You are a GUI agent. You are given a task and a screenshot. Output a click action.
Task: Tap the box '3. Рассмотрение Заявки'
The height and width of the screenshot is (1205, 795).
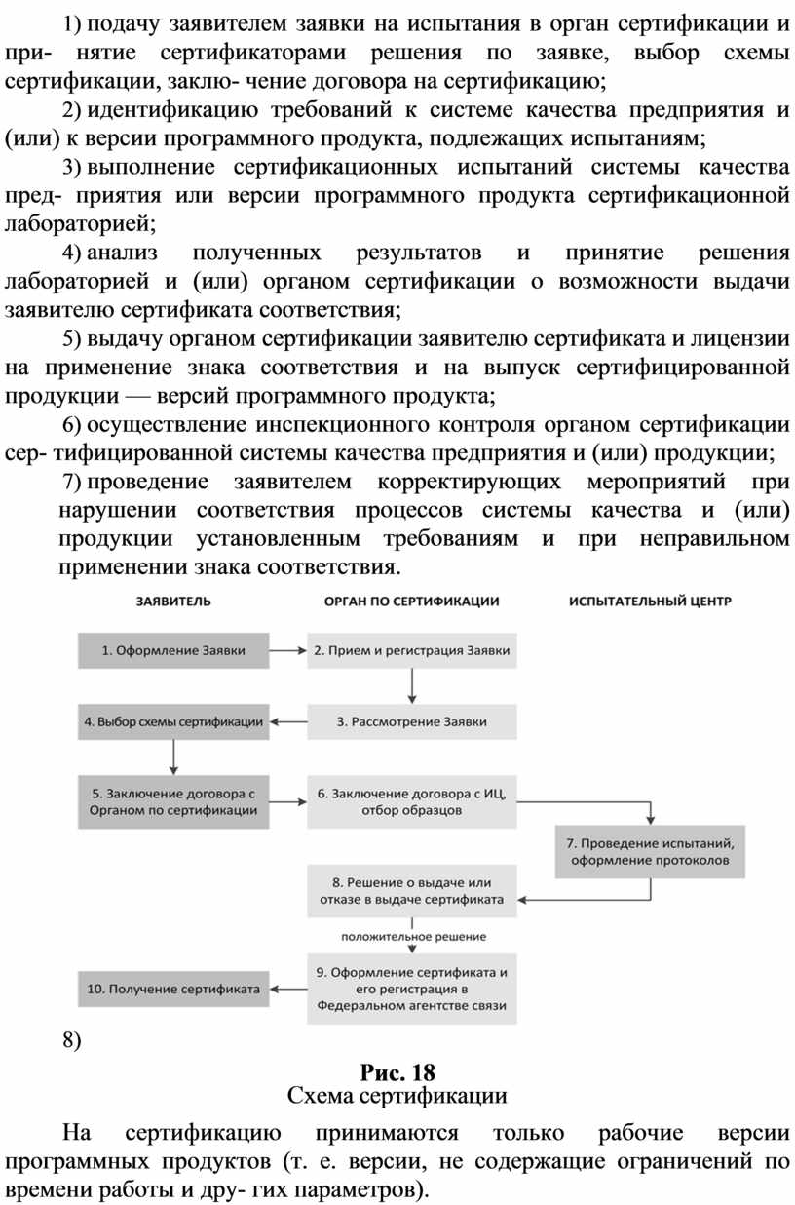[x=412, y=722]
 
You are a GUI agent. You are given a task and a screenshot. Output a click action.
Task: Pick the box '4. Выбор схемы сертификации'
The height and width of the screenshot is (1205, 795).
[x=173, y=722]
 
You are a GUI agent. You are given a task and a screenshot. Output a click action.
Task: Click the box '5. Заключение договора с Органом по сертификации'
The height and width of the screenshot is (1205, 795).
[x=173, y=801]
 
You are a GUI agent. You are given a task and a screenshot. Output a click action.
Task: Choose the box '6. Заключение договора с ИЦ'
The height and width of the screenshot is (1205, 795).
[x=412, y=801]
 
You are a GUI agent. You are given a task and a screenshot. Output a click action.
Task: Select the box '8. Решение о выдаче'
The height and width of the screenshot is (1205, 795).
[x=412, y=890]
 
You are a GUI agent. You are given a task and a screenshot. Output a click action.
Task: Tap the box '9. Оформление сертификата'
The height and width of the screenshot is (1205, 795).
[x=412, y=988]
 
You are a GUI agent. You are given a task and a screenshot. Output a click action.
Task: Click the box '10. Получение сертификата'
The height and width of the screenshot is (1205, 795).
[x=173, y=988]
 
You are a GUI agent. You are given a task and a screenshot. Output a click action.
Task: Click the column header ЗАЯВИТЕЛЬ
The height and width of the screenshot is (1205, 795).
[x=172, y=602]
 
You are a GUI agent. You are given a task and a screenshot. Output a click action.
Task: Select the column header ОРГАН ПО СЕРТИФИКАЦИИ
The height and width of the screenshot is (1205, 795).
[x=411, y=602]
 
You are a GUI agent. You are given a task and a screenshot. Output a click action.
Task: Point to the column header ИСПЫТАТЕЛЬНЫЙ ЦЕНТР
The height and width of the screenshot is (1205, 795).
[x=650, y=602]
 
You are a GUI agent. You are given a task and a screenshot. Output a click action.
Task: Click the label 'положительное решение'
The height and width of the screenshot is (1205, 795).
[x=413, y=937]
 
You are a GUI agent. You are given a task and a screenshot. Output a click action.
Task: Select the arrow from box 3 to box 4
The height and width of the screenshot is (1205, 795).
[x=288, y=722]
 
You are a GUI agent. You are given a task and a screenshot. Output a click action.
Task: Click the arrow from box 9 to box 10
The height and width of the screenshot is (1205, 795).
[x=288, y=988]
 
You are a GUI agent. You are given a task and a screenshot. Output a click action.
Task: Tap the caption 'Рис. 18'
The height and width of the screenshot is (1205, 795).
[x=397, y=1072]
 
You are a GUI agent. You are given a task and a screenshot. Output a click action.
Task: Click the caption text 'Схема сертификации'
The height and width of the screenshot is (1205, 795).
[x=397, y=1096]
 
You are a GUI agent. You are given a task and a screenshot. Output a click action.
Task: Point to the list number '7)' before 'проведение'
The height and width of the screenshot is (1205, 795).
[x=70, y=483]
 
